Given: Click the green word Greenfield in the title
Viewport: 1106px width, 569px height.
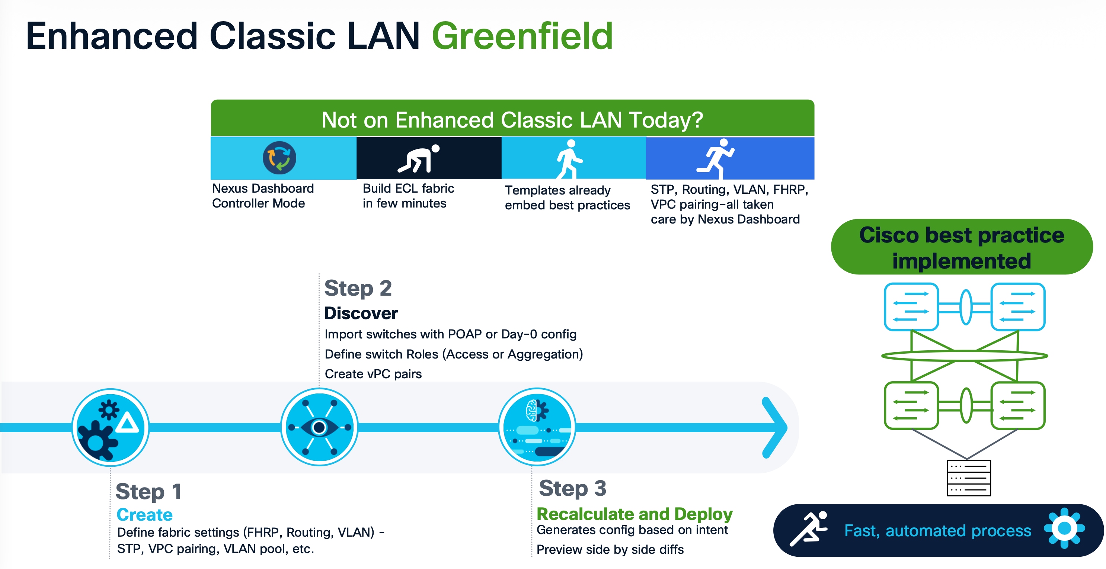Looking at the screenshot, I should [x=522, y=36].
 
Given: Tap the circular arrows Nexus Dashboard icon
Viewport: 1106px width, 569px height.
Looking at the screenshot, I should [x=279, y=158].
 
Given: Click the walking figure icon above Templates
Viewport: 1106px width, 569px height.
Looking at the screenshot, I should [x=569, y=159].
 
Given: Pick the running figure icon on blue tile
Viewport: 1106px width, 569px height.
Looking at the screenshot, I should [x=716, y=158].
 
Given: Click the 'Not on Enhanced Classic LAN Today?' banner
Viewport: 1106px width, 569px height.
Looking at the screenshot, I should [x=512, y=119].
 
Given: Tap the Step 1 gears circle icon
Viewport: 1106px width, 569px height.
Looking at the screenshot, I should [x=111, y=427].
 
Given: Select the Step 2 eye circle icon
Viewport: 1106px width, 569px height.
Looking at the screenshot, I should [x=319, y=427].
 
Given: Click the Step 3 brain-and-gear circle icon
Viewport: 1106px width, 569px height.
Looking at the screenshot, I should [x=537, y=427].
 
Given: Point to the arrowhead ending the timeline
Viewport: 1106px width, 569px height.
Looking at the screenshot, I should [x=775, y=427].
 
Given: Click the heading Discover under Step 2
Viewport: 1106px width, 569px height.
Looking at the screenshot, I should [x=361, y=313].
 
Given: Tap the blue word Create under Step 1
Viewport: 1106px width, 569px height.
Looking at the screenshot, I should [x=144, y=514].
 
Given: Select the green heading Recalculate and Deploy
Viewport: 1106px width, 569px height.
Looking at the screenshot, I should [x=634, y=514].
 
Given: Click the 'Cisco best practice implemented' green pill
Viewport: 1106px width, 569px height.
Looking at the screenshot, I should [x=961, y=248].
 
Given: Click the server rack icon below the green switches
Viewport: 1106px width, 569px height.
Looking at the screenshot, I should [x=968, y=478].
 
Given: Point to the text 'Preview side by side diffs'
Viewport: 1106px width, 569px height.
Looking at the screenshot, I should [x=610, y=549].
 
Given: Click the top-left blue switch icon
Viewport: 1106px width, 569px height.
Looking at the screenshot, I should [x=911, y=307].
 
